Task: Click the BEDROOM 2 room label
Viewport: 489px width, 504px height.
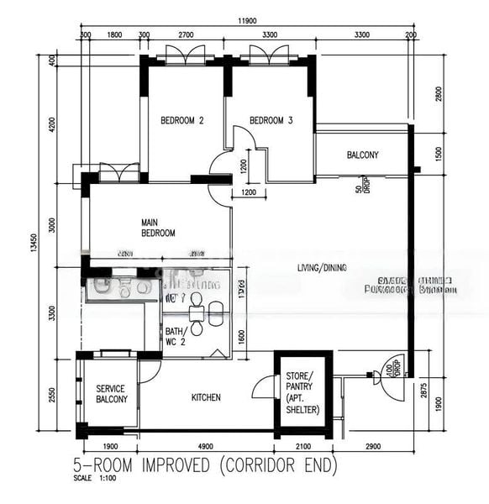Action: pyautogui.click(x=182, y=121)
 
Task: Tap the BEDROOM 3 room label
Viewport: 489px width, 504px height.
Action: pyautogui.click(x=271, y=121)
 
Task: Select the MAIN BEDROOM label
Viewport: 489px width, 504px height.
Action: pyautogui.click(x=158, y=228)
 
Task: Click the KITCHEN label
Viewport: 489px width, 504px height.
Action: pyautogui.click(x=206, y=397)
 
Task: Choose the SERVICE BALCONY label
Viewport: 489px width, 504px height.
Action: pyautogui.click(x=112, y=394)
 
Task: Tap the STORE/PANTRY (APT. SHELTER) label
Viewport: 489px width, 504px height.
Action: pyautogui.click(x=302, y=392)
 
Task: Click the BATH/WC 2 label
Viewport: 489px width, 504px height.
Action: pyautogui.click(x=176, y=337)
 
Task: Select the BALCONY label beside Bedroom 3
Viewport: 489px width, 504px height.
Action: pyautogui.click(x=362, y=155)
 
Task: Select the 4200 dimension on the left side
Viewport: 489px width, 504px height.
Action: pyautogui.click(x=52, y=124)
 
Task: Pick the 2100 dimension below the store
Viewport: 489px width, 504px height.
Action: pyautogui.click(x=303, y=446)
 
